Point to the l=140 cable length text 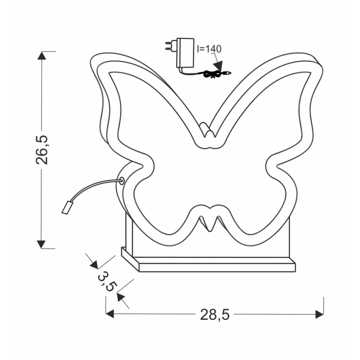(x=209, y=49)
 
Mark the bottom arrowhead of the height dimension (x=41, y=243)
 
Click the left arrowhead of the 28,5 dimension (x=110, y=314)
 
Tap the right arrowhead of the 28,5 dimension (x=319, y=314)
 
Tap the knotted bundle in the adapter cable (x=212, y=75)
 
